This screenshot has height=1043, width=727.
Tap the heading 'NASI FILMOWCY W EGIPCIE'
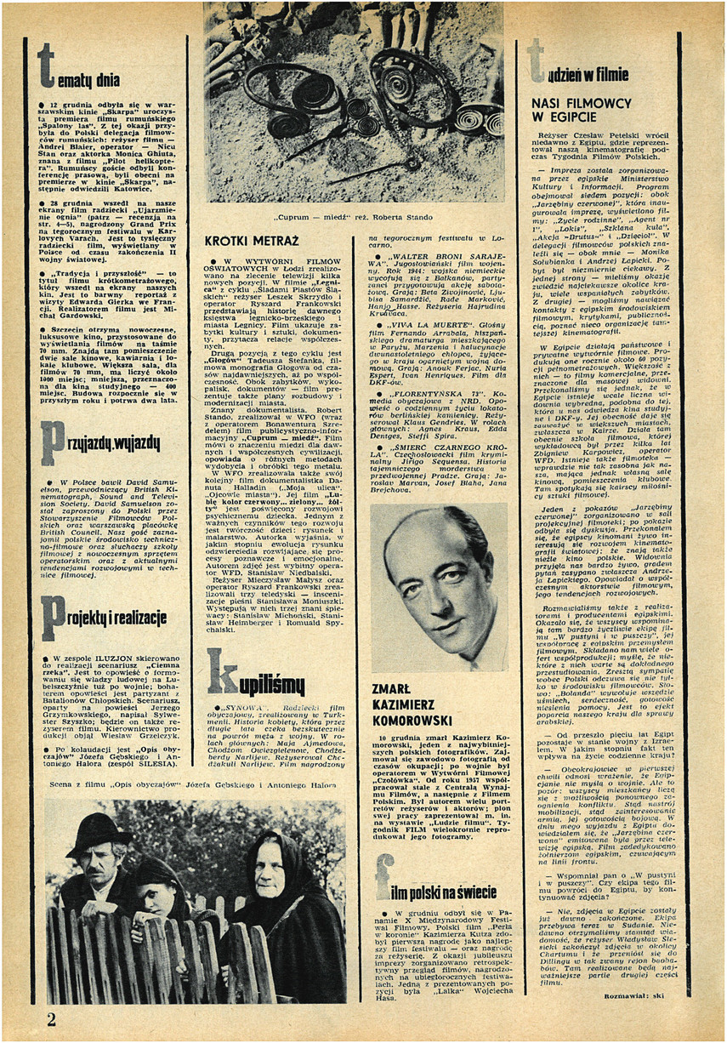pyautogui.click(x=582, y=111)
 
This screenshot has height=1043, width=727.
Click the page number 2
pyautogui.click(x=51, y=1019)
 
